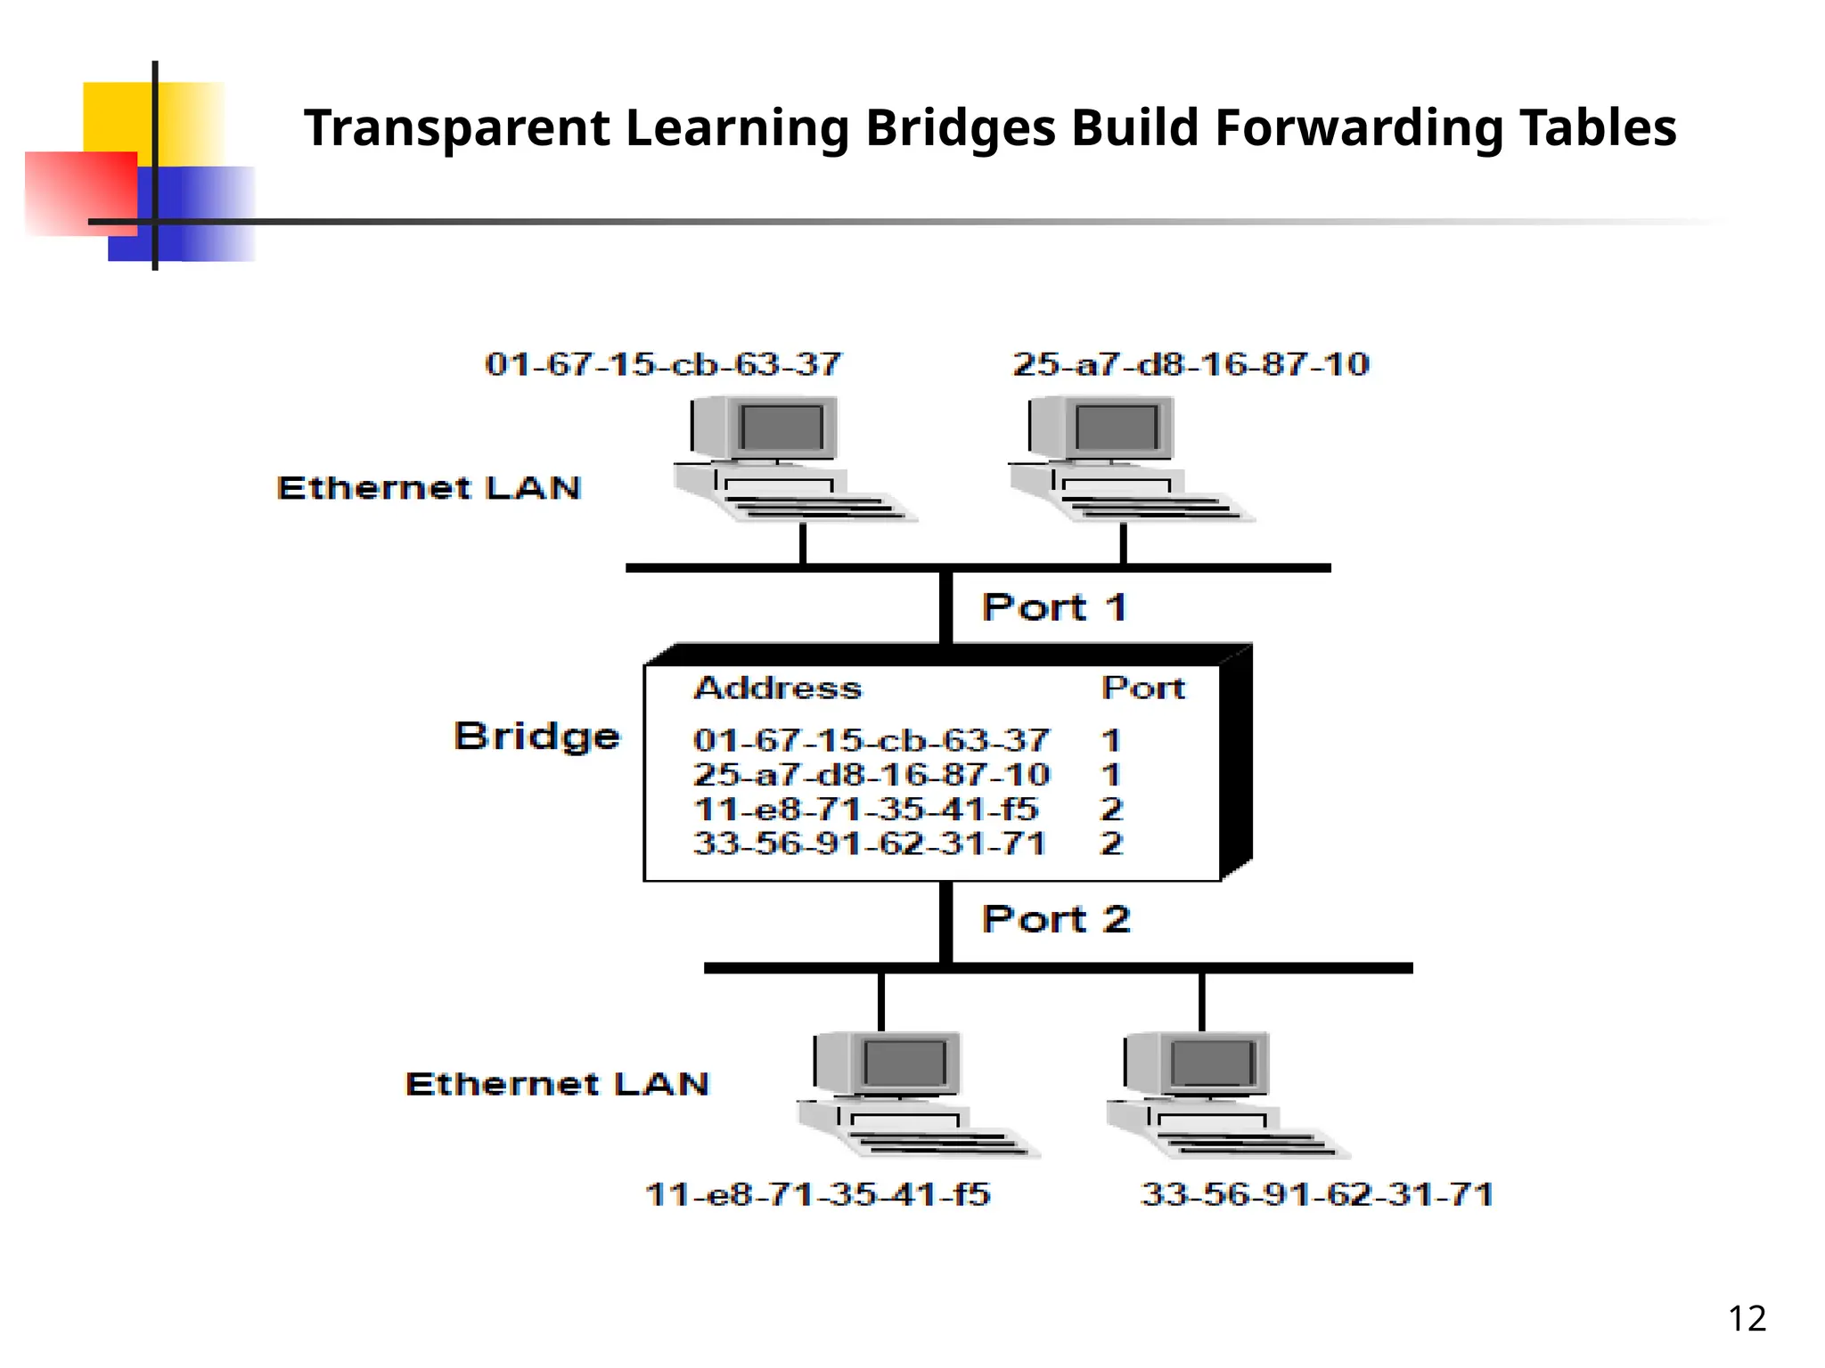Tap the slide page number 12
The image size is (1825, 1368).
[1747, 1318]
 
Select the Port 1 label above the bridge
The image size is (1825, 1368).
[1055, 607]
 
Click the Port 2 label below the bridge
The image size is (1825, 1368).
[1056, 919]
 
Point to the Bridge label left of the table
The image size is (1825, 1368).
[536, 737]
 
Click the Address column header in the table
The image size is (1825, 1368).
[778, 688]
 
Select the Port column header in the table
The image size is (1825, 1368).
[1143, 688]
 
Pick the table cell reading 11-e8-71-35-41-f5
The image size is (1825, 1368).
[865, 810]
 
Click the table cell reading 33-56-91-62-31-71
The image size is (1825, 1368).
[870, 843]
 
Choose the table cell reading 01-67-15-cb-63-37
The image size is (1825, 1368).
[872, 740]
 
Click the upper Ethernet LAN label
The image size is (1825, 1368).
[429, 488]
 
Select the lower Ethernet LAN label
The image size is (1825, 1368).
[557, 1084]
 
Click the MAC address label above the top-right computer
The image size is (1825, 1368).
[1191, 364]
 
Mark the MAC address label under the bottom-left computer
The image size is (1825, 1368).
[817, 1194]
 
